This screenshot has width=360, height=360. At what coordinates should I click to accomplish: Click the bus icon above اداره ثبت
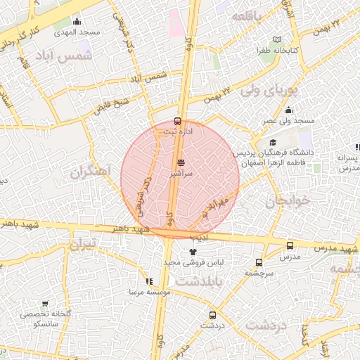176,121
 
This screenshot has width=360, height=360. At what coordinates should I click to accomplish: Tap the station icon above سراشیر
181,162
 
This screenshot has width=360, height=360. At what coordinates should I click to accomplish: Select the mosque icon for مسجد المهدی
77,22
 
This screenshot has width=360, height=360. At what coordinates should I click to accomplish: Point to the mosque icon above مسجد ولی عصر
288,110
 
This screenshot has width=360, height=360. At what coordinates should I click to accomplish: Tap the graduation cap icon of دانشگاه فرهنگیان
273,143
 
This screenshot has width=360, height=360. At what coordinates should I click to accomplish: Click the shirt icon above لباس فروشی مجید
193,252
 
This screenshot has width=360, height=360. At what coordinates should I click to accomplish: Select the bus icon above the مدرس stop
290,246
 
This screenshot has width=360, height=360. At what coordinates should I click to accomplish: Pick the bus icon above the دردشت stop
212,315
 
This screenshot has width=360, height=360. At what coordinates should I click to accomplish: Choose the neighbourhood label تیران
87,245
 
